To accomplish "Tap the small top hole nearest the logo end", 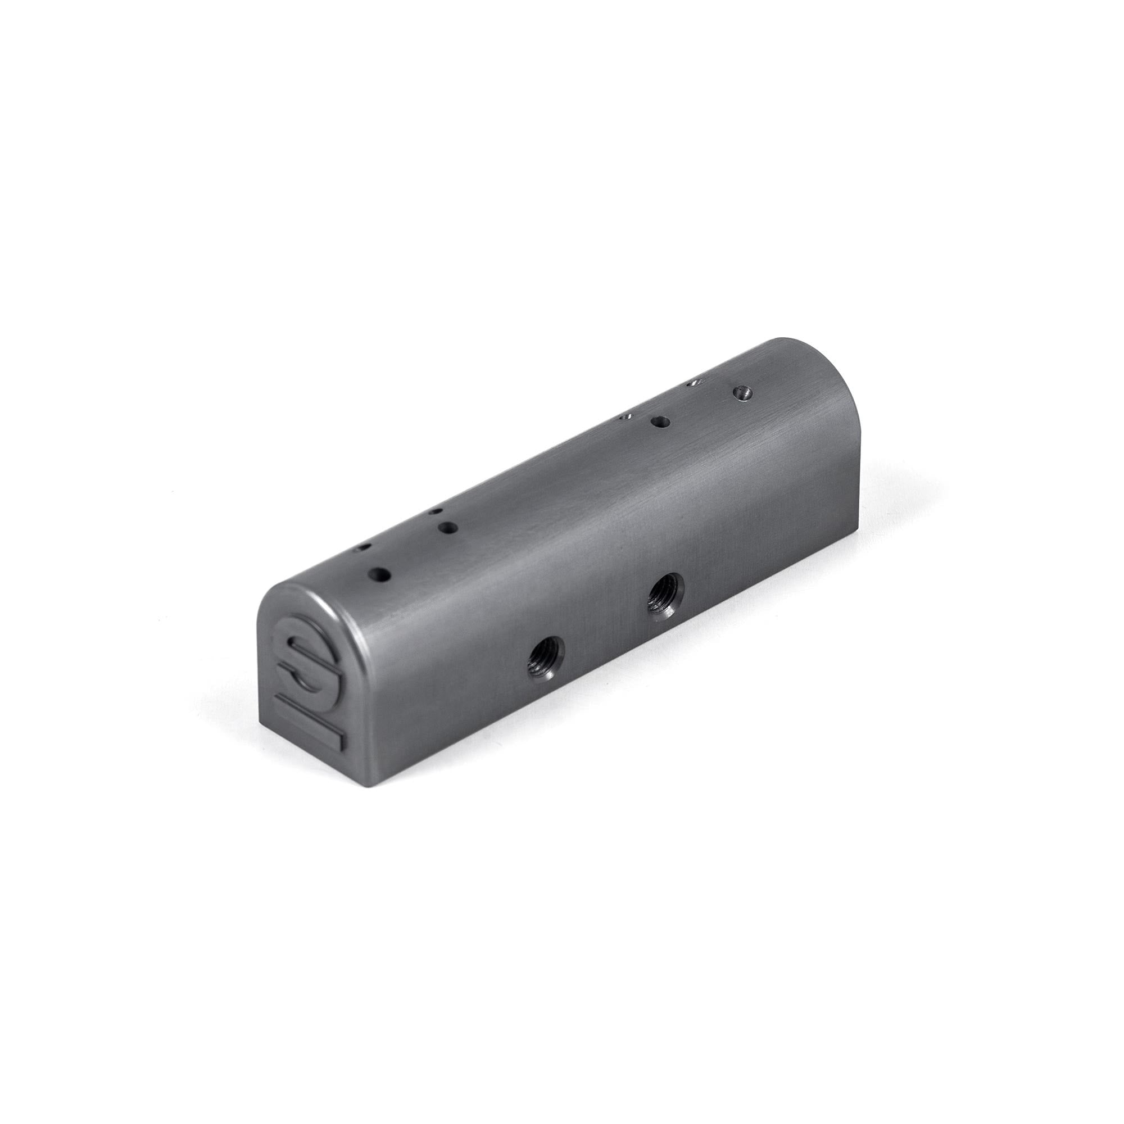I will [x=365, y=548].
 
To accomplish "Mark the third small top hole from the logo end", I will [x=626, y=416].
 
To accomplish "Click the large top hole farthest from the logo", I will [x=742, y=392].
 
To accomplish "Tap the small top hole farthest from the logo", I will [x=693, y=383].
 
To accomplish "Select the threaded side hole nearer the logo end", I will [x=545, y=660].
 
